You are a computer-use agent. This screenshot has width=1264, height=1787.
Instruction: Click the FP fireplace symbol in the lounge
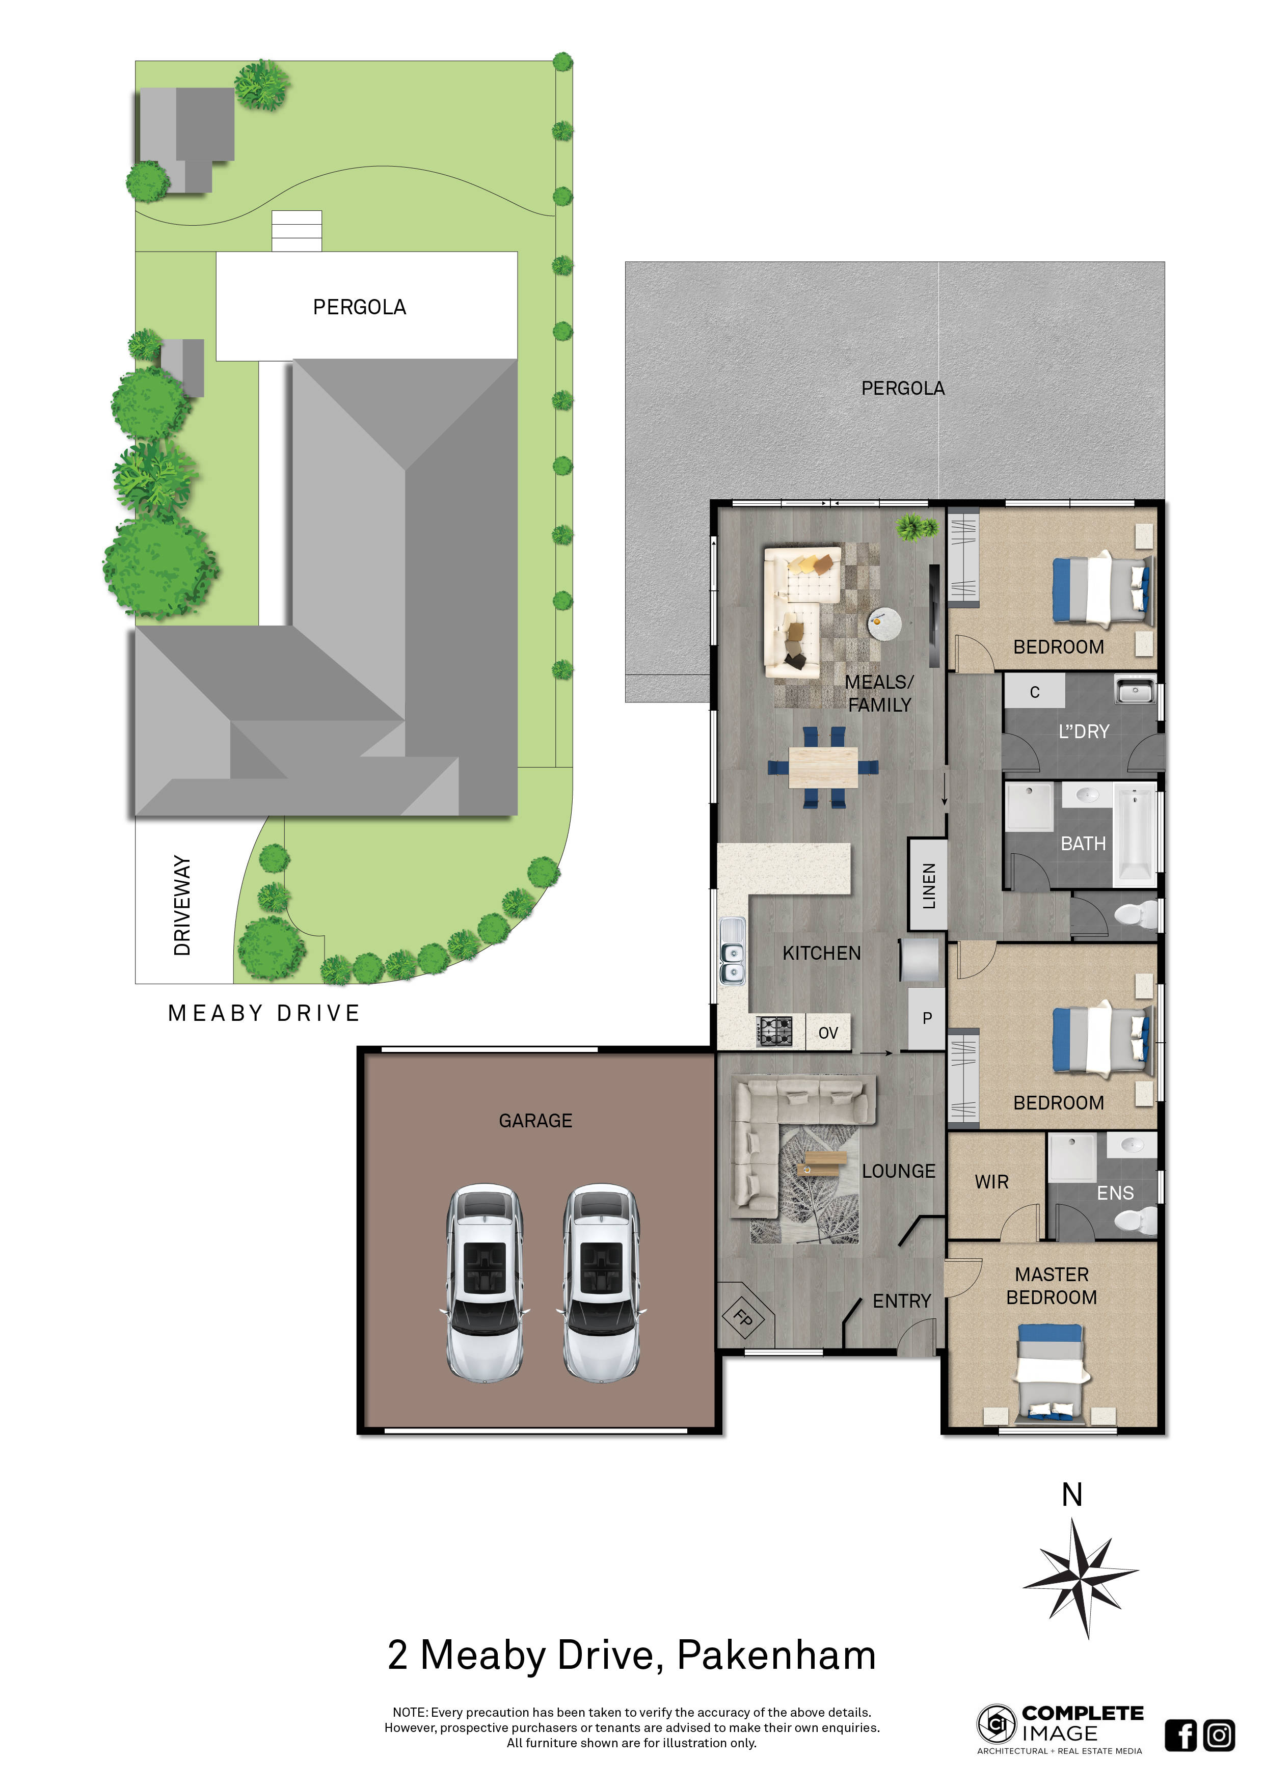(744, 1318)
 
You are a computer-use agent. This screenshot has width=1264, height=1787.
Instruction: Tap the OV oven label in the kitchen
(827, 1033)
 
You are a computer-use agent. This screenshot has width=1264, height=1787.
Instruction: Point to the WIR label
(991, 1181)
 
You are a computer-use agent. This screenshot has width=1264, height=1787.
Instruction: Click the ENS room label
(1115, 1193)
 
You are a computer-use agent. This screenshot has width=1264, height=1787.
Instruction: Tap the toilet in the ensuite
(1138, 1220)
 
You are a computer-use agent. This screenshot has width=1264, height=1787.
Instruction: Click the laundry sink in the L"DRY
(1135, 690)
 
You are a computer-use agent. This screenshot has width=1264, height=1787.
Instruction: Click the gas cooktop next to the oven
(774, 1031)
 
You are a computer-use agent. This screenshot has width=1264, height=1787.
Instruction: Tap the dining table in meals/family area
(823, 767)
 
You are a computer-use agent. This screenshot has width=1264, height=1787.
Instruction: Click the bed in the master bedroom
(1050, 1371)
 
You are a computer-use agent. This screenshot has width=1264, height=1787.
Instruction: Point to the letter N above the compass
(1072, 1495)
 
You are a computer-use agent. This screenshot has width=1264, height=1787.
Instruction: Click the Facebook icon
(1180, 1735)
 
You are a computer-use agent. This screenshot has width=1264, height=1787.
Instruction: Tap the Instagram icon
(1219, 1735)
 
